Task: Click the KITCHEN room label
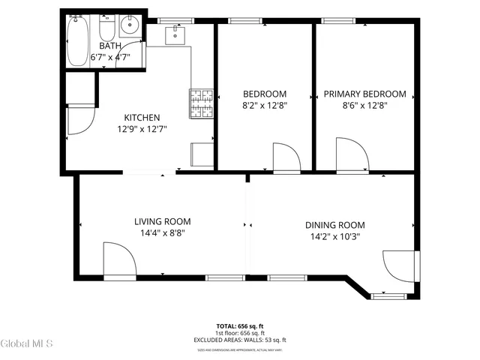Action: coord(142,117)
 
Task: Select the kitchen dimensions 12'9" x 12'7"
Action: coord(142,128)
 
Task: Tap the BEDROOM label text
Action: coord(265,94)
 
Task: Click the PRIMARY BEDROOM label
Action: coord(364,94)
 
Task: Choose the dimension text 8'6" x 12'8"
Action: coord(364,106)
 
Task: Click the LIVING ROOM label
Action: coord(162,221)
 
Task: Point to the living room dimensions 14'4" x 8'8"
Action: coord(162,233)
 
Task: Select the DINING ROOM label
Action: coord(334,225)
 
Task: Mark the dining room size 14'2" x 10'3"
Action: coord(334,237)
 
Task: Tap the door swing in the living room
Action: coord(118,264)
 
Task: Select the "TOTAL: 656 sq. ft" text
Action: coord(240,326)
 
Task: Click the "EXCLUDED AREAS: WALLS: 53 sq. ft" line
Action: coord(240,340)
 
